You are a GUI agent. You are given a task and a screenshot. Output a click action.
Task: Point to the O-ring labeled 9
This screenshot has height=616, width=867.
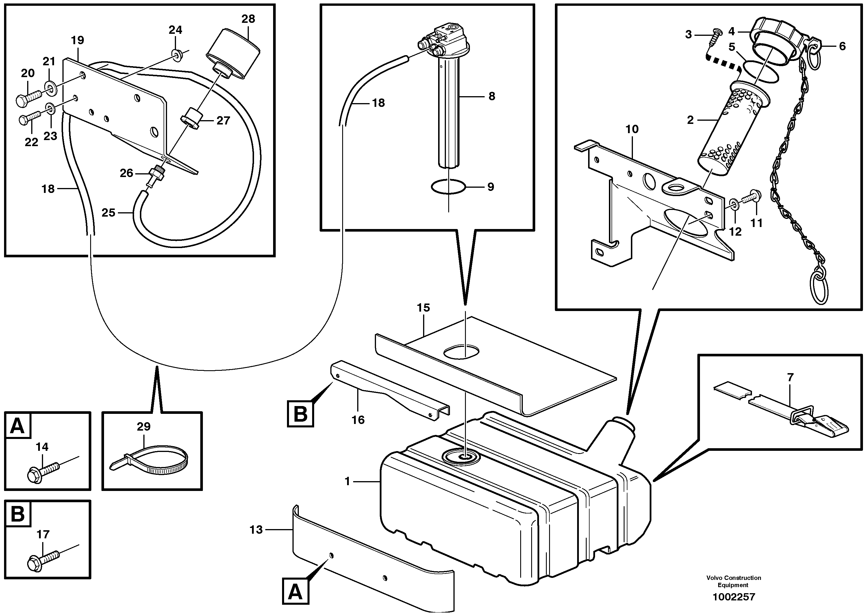(448, 187)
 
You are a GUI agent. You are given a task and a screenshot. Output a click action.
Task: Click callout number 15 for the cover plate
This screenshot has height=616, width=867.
(423, 308)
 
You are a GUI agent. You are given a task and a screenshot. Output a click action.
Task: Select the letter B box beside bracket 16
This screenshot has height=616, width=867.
(301, 414)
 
